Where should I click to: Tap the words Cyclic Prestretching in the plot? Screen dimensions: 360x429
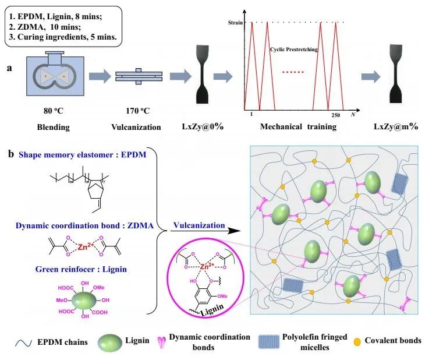[295, 49]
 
